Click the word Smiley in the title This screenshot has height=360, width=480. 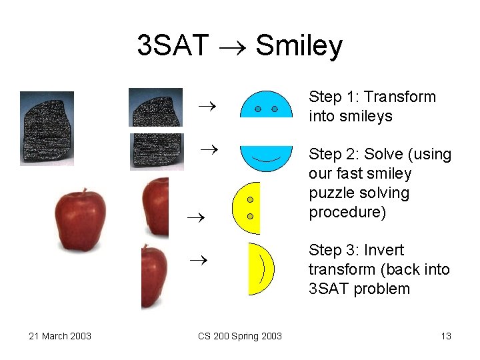299,46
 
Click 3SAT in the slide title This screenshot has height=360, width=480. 173,46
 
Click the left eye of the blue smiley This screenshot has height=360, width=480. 257,108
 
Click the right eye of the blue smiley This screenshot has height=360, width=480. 275,108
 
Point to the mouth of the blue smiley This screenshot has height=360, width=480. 266,160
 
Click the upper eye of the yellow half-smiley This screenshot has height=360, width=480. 250,199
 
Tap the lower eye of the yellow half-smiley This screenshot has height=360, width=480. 250,216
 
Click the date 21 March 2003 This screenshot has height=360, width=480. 60,336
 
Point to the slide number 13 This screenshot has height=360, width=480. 446,336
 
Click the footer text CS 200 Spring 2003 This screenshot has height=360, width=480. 240,336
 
